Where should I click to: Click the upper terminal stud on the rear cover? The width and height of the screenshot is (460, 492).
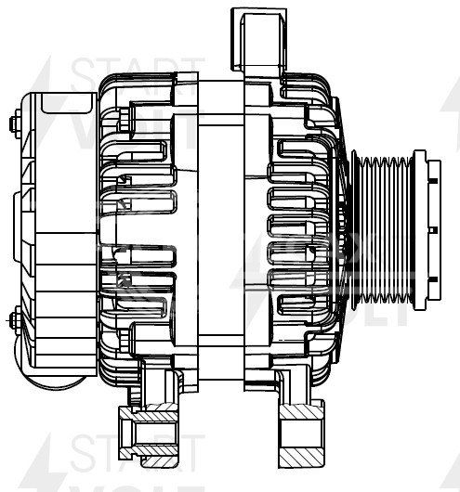[15, 123]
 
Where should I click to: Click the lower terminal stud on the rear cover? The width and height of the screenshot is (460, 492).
[15, 321]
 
